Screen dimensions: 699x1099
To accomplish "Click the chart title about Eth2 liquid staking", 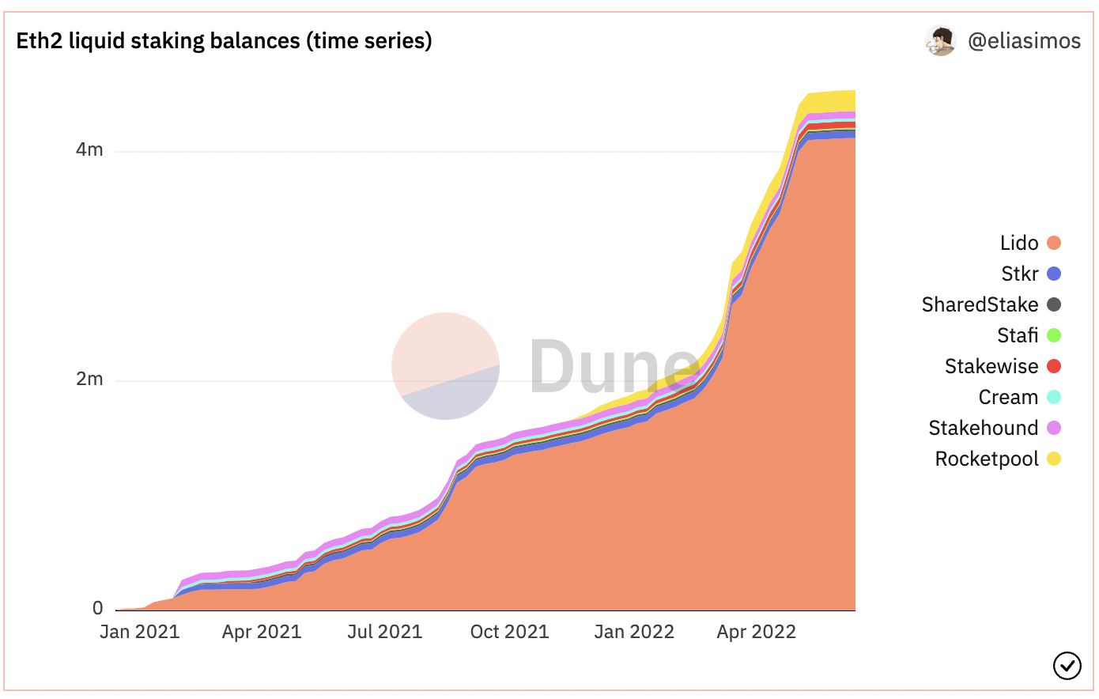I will point(224,40).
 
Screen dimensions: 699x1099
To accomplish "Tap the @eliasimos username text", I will point(1024,41).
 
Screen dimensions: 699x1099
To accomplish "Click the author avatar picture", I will point(940,41).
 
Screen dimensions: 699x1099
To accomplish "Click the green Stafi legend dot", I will point(1054,335).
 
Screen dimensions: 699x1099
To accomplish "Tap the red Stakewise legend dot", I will point(1054,366).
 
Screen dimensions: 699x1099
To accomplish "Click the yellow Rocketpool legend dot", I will point(1054,459).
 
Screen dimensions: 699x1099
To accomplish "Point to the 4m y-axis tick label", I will point(89,149).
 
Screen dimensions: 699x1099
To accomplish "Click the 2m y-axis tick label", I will point(89,379).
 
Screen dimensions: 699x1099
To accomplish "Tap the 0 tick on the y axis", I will point(97,608).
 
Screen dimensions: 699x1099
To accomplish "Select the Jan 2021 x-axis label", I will point(140,632).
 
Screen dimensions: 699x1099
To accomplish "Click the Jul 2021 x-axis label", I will point(385,632).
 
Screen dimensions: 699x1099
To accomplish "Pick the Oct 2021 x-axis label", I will point(509,632).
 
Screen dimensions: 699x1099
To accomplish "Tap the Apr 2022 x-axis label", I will point(756,632).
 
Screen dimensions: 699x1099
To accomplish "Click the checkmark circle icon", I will point(1067,666).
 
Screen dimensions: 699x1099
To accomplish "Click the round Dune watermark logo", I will point(446,366).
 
